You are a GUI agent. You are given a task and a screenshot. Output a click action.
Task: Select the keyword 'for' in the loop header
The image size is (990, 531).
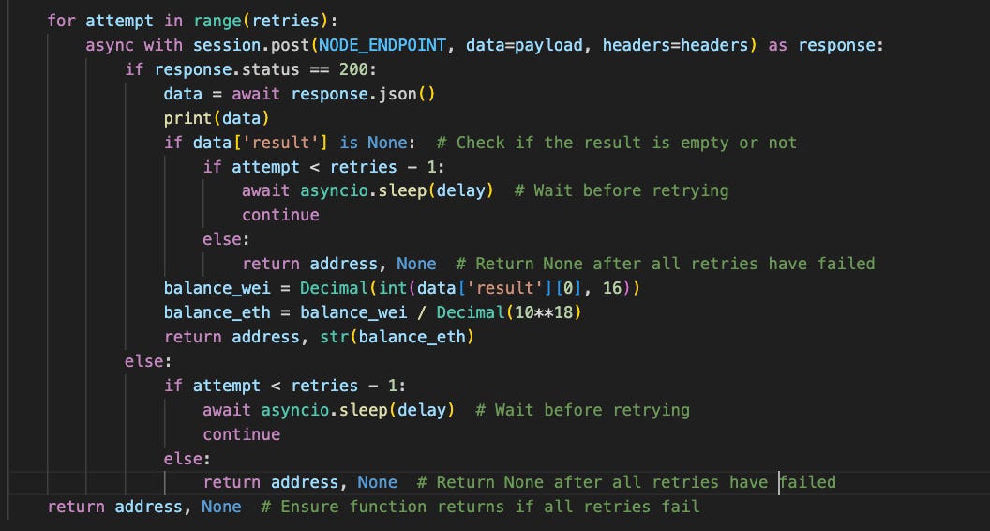pyautogui.click(x=61, y=20)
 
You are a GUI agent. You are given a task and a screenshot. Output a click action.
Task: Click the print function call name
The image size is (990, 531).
pyautogui.click(x=187, y=117)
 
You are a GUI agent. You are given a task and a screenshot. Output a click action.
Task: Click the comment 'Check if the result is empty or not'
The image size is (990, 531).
pyautogui.click(x=617, y=142)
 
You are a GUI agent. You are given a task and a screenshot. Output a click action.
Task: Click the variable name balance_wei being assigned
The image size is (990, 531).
pyautogui.click(x=217, y=288)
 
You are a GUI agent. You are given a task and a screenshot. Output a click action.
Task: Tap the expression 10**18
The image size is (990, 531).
pyautogui.click(x=553, y=312)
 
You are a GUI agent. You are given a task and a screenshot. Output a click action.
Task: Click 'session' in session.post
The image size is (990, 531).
pyautogui.click(x=227, y=44)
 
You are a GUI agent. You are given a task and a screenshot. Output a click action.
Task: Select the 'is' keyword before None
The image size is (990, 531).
pyautogui.click(x=349, y=142)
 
